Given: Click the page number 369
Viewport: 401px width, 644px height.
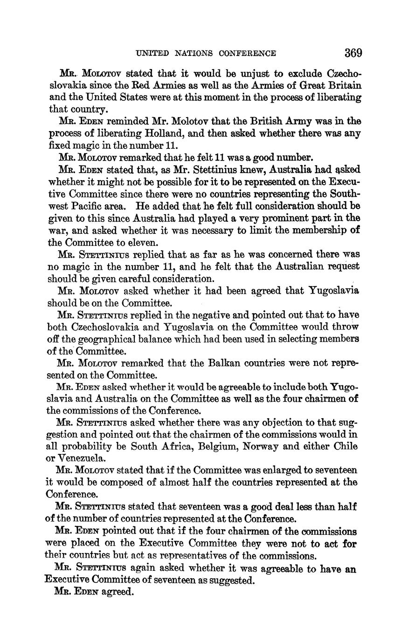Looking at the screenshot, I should pyautogui.click(x=353, y=53).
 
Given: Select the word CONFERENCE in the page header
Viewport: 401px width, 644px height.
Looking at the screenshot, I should pyautogui.click(x=246, y=53).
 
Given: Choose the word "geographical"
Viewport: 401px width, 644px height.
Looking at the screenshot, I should pyautogui.click(x=96, y=339).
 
